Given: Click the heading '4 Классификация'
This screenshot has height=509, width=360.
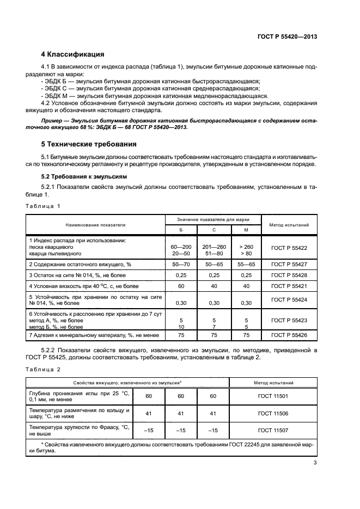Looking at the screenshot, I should click(x=72, y=54).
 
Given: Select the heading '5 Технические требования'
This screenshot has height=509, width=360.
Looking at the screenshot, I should click(x=89, y=144).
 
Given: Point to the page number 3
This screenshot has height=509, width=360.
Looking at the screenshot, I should click(x=315, y=463).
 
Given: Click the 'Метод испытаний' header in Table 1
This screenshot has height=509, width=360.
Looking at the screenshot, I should click(x=289, y=224).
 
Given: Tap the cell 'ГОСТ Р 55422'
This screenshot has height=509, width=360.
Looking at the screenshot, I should click(x=289, y=248).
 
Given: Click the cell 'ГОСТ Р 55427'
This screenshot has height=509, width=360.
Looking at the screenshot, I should click(x=289, y=264).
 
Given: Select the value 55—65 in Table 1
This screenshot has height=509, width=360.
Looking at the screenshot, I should click(x=246, y=264).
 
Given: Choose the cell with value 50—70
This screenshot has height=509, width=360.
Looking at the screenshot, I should click(x=180, y=264).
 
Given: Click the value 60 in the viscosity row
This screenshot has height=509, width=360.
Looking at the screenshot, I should click(x=180, y=286).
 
